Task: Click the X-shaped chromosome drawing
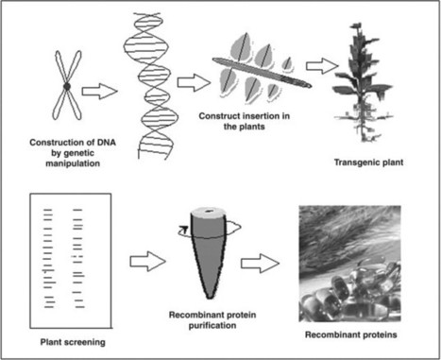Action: click(x=66, y=87)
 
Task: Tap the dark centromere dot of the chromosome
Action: click(x=66, y=88)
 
